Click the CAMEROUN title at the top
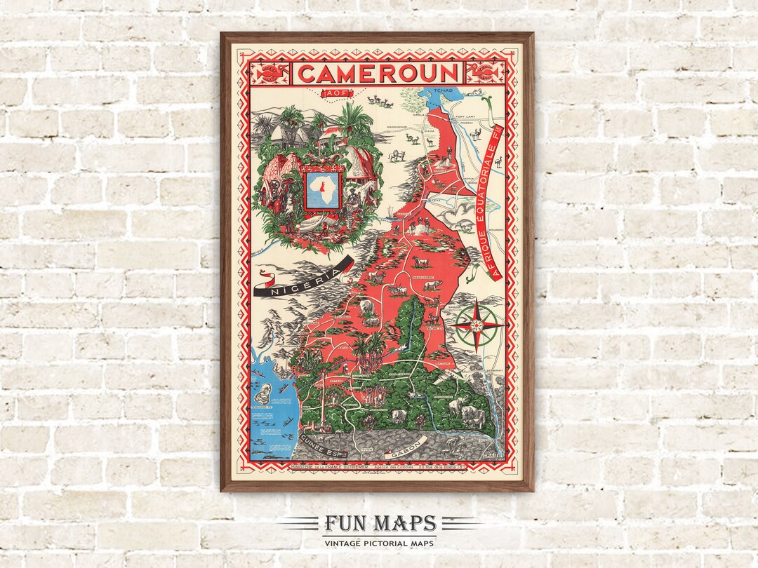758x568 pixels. tap(378, 73)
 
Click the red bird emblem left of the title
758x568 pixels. tap(272, 72)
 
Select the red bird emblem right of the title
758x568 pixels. tap(484, 72)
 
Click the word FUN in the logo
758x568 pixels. tap(345, 524)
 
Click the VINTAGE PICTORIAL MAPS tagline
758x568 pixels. tap(379, 543)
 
